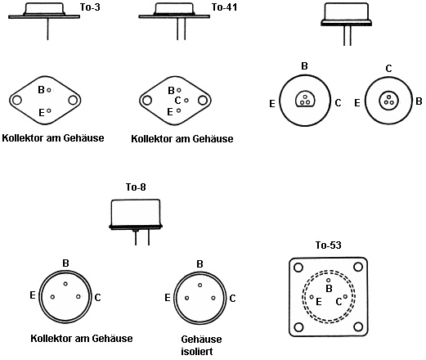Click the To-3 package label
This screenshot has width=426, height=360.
[x=90, y=7]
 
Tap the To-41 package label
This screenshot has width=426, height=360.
[x=224, y=7]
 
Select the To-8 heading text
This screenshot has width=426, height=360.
[x=136, y=187]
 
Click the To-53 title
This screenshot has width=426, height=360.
[x=329, y=245]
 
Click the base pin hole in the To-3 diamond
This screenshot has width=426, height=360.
[x=49, y=90]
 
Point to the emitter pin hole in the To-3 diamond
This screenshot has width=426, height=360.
[x=49, y=110]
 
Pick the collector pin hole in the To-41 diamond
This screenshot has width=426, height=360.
[x=186, y=101]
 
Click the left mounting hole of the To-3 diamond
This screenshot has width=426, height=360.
[x=16, y=100]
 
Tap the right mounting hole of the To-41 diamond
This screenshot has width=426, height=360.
[x=203, y=101]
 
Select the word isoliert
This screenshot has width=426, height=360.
[x=197, y=351]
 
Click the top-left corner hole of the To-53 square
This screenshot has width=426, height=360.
[x=298, y=268]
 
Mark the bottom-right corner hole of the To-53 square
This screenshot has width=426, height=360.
[x=358, y=326]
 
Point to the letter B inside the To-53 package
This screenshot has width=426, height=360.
[x=330, y=289]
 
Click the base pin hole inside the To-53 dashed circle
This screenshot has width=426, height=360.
[x=329, y=280]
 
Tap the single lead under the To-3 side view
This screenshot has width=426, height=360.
[x=47, y=29]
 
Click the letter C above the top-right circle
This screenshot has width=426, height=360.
[x=388, y=69]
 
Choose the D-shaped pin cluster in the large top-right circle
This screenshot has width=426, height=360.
[x=305, y=99]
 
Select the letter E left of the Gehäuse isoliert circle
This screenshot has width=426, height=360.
[x=168, y=298]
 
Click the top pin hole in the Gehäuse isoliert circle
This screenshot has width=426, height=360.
[x=200, y=285]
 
